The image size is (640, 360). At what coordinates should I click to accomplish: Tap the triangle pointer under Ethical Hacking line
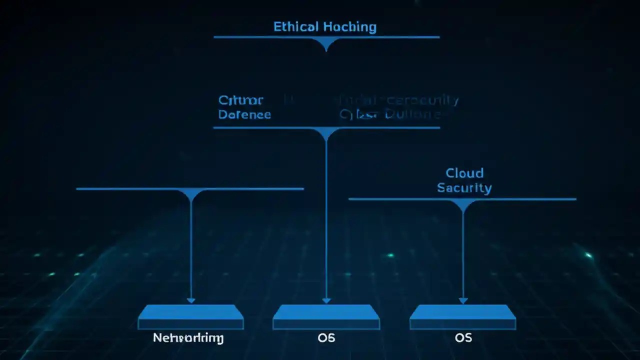pyautogui.click(x=326, y=44)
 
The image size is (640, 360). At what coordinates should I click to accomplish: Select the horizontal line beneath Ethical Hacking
pyautogui.click(x=260, y=37)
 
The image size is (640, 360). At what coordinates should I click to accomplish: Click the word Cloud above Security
pyautogui.click(x=464, y=173)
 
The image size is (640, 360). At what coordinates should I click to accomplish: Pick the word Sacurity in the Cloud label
pyautogui.click(x=464, y=188)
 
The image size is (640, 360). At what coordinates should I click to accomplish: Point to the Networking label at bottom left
pyautogui.click(x=188, y=338)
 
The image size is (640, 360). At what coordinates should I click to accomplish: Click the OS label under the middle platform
pyautogui.click(x=326, y=338)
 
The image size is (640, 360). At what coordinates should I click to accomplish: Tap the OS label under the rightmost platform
pyautogui.click(x=463, y=338)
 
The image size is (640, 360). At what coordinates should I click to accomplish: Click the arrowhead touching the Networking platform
pyautogui.click(x=190, y=300)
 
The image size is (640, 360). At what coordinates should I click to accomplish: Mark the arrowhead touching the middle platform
pyautogui.click(x=326, y=300)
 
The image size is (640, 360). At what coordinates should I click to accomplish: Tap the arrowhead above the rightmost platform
pyautogui.click(x=463, y=300)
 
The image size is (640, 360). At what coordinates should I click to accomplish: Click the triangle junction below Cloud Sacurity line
pyautogui.click(x=463, y=204)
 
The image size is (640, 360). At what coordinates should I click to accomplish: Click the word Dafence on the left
pyautogui.click(x=244, y=114)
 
